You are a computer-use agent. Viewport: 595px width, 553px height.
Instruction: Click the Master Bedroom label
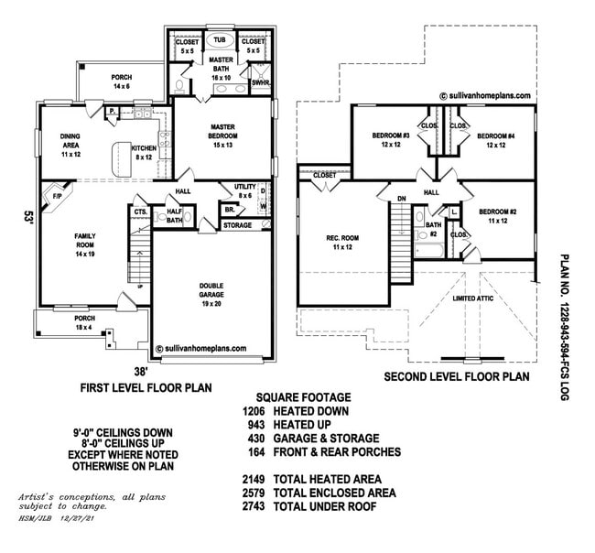click(x=224, y=132)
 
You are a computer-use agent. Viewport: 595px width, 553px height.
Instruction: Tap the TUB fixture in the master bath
click(x=220, y=40)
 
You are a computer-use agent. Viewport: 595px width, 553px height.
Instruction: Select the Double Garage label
click(x=211, y=289)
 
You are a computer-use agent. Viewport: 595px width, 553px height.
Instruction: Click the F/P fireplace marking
click(x=57, y=196)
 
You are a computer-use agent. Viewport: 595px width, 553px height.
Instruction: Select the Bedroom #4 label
click(x=496, y=140)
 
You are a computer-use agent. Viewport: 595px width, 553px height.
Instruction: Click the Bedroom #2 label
click(x=499, y=215)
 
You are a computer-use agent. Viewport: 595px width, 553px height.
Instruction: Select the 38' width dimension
click(x=141, y=372)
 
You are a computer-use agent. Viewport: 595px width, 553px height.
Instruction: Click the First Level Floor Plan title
click(x=146, y=387)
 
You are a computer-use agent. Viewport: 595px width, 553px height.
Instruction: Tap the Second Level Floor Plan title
click(x=457, y=375)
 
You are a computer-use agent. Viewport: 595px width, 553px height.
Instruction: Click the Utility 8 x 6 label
click(x=243, y=190)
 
